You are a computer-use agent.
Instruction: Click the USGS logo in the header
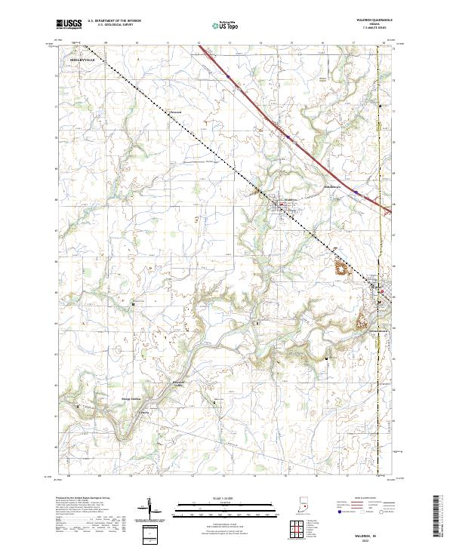coord(69,23)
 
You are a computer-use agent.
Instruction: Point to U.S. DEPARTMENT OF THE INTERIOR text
coord(113,20)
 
